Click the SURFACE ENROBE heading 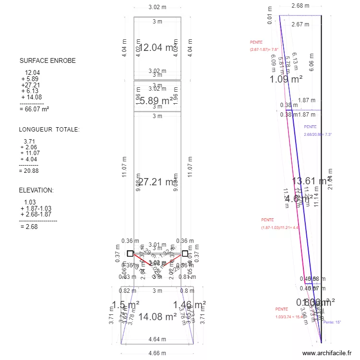[48, 61]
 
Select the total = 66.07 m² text [34, 109]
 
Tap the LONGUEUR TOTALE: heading [49, 130]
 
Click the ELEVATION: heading [36, 191]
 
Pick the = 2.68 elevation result [29, 227]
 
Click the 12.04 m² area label [157, 48]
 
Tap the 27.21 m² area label [157, 182]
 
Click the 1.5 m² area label [126, 304]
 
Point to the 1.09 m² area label [286, 79]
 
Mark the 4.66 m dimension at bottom [157, 353]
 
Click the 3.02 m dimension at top [157, 7]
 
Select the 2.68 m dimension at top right [300, 6]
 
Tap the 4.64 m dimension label [157, 339]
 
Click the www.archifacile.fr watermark [327, 353]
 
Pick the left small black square [130, 253]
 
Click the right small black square [185, 253]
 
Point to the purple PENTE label [310, 127]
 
